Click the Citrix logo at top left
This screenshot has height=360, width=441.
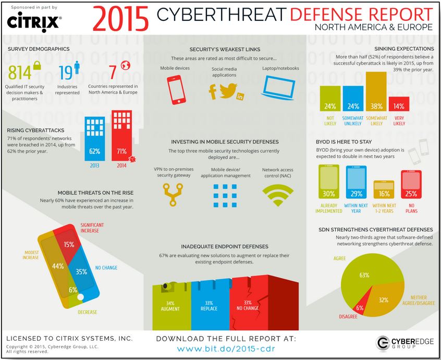click(x=34, y=22)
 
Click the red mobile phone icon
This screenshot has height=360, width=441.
click(x=176, y=88)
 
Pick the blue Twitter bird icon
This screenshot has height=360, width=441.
click(x=228, y=90)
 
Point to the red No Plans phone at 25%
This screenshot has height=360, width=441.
click(x=411, y=186)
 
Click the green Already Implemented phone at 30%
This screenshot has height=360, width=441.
click(x=328, y=183)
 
